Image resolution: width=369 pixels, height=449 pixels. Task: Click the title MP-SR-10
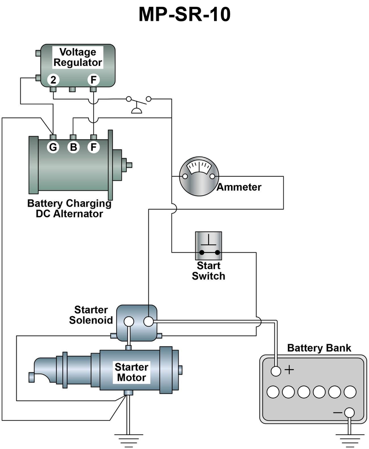click(x=184, y=15)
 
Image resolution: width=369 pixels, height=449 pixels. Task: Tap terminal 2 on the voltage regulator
click(x=54, y=80)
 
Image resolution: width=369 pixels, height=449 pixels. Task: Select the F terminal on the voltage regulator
click(x=94, y=80)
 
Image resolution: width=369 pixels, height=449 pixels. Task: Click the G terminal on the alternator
click(x=54, y=148)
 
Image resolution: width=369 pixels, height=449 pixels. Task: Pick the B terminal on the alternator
click(x=73, y=148)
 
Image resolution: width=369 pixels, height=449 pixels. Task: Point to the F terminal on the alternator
click(x=94, y=148)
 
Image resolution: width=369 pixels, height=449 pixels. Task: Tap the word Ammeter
click(x=239, y=187)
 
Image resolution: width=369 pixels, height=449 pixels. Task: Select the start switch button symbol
click(x=208, y=245)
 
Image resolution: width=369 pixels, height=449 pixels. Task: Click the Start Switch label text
click(x=208, y=271)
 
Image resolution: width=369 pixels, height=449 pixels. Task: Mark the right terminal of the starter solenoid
click(x=149, y=321)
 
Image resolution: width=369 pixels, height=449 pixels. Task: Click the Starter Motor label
click(x=131, y=372)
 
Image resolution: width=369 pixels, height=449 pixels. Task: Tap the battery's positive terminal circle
click(x=276, y=371)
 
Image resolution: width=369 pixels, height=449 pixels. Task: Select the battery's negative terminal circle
click(x=350, y=412)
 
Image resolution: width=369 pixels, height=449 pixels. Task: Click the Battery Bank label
click(x=319, y=348)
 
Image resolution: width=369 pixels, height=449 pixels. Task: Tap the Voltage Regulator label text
click(x=77, y=57)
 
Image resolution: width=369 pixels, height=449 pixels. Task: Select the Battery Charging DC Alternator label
click(x=69, y=209)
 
